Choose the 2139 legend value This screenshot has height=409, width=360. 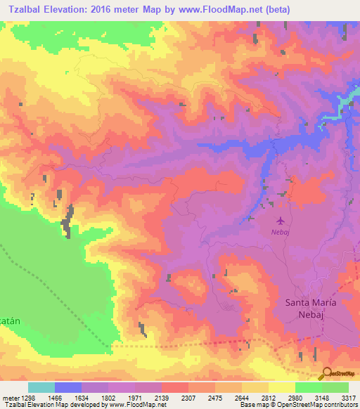162,398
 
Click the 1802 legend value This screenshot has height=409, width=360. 108,398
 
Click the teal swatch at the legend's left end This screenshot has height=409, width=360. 41,387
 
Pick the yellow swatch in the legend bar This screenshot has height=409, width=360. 281,387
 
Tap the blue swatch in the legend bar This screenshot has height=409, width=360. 67,387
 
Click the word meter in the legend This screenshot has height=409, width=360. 10,398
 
